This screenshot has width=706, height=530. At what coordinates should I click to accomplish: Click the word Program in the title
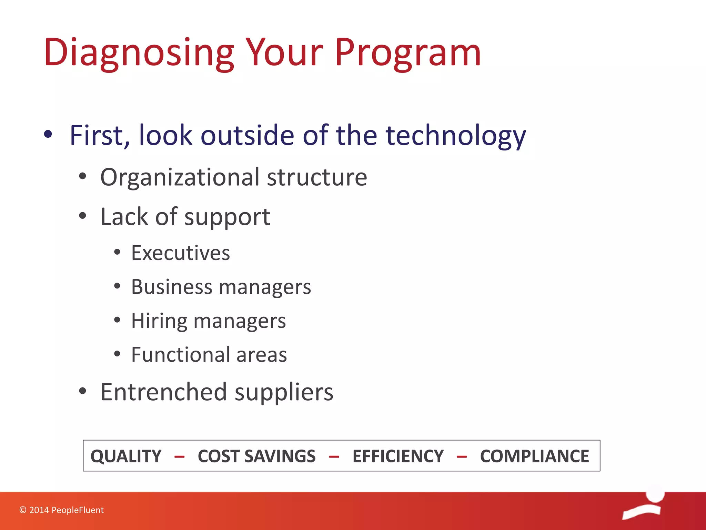(x=407, y=52)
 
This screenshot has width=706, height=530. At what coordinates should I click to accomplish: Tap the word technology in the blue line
(x=455, y=135)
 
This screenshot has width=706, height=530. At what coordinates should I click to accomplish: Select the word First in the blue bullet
(x=96, y=135)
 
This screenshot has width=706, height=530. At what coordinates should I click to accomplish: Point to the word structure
(x=317, y=177)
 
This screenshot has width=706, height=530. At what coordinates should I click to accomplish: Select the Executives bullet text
(x=180, y=253)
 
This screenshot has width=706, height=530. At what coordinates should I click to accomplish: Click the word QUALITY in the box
(x=126, y=456)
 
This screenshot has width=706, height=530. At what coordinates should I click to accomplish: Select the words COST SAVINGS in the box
(x=256, y=456)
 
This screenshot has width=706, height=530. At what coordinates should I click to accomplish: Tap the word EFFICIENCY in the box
(x=398, y=456)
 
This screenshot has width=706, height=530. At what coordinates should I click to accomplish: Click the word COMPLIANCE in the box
(x=534, y=456)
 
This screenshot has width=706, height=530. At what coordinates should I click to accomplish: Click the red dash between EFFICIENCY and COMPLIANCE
(x=462, y=457)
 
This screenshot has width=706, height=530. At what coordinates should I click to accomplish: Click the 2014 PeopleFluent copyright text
(x=62, y=510)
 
